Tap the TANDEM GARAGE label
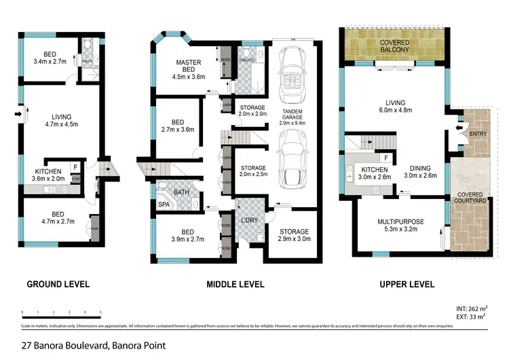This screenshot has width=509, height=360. click(293, 115)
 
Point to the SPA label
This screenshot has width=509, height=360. click(164, 204)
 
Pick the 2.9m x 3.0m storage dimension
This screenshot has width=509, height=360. click(293, 240)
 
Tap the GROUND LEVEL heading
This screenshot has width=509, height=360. click(58, 284)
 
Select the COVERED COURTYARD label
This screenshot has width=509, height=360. click(471, 199)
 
